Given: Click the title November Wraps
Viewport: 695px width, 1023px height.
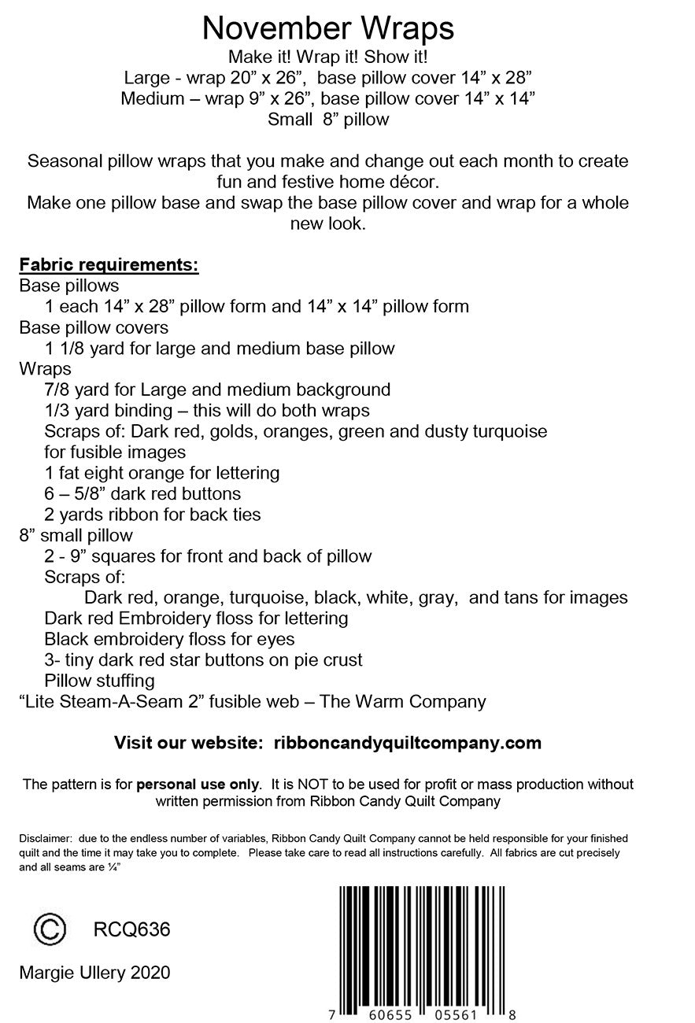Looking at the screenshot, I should click(328, 28).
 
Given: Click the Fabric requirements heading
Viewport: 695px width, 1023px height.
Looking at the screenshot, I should click(109, 264).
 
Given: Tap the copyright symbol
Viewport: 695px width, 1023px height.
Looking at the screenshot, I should click(49, 929).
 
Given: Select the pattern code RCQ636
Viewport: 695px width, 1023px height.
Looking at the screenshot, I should click(131, 929).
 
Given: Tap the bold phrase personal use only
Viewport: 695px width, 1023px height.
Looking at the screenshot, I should click(198, 784).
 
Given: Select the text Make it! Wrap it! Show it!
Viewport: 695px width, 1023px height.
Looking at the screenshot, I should click(328, 57).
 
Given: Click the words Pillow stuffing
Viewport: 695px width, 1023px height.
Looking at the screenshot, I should click(99, 680).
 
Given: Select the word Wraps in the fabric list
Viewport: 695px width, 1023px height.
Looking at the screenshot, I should click(45, 368).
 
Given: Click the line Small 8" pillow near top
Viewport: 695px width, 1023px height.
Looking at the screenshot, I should click(328, 120).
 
